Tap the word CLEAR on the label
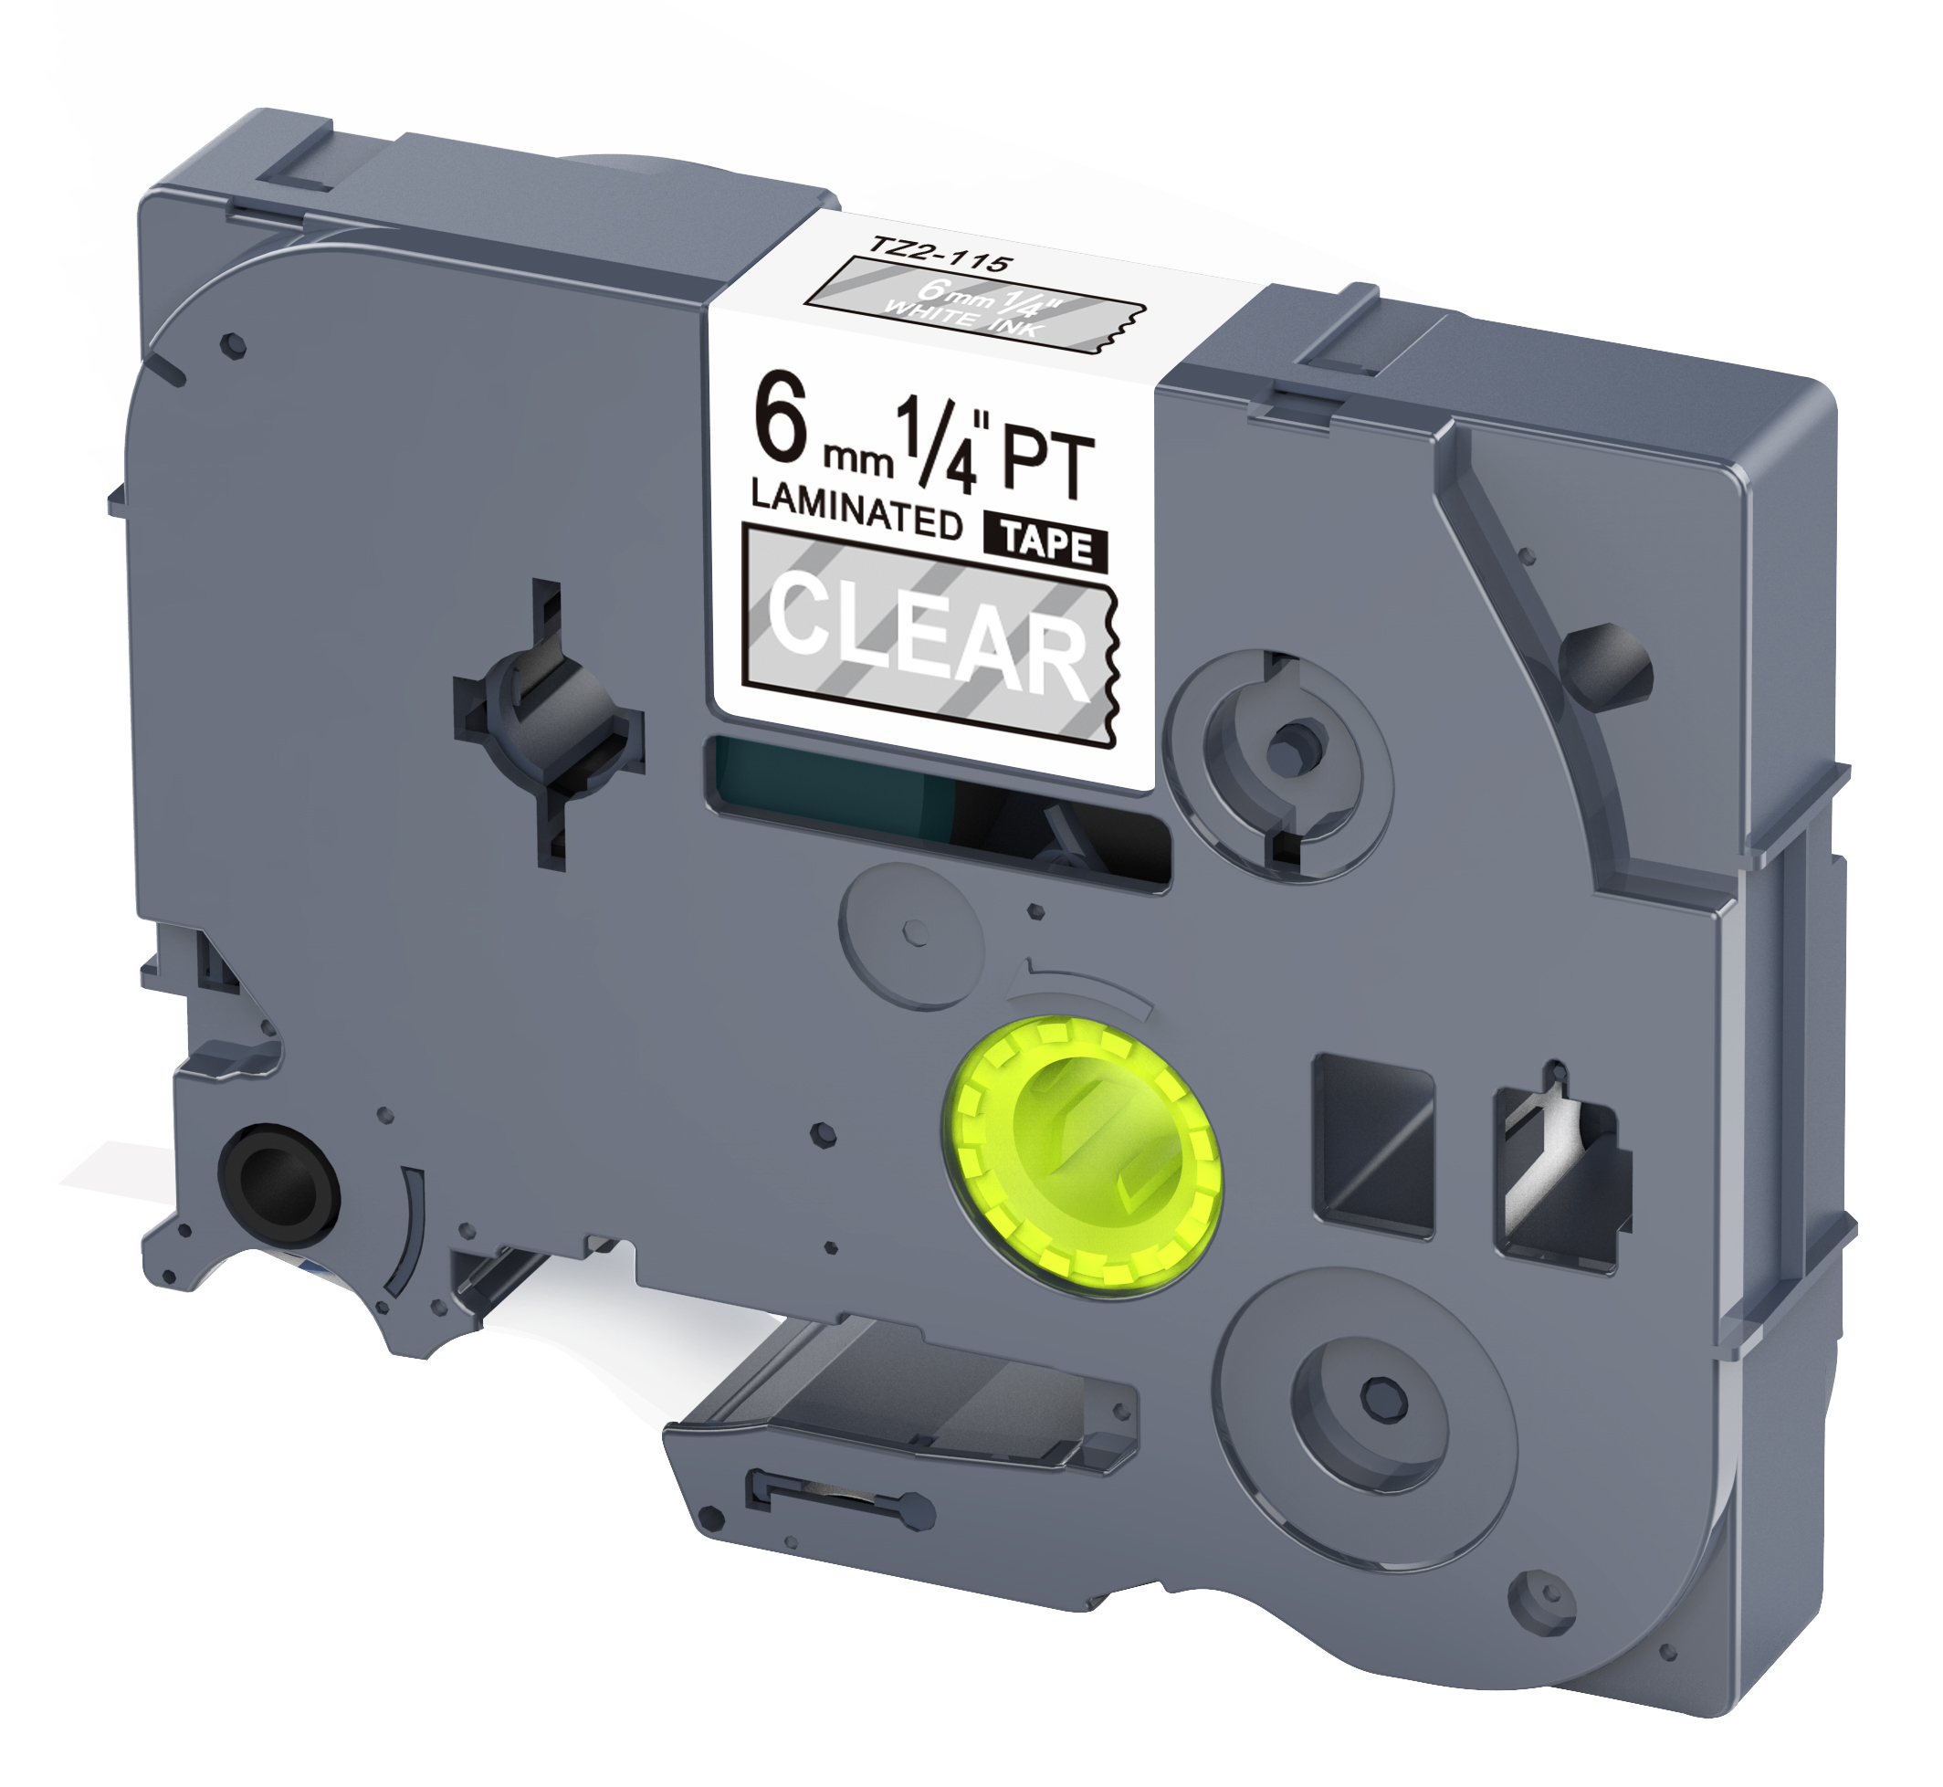pyautogui.click(x=929, y=635)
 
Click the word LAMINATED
pyautogui.click(x=856, y=509)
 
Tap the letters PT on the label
pyautogui.click(x=1047, y=464)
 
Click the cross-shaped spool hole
pyautogui.click(x=548, y=722)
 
